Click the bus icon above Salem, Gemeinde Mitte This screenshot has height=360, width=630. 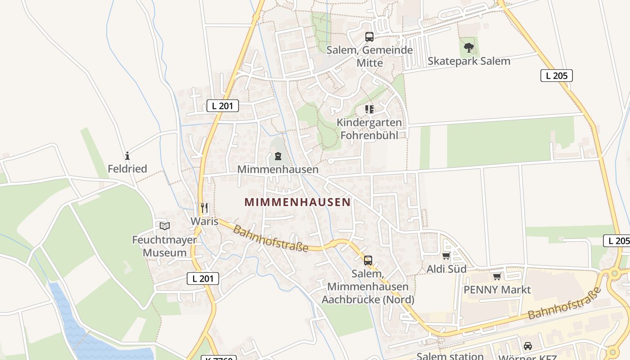pyautogui.click(x=369, y=37)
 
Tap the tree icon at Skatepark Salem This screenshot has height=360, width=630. pyautogui.click(x=469, y=47)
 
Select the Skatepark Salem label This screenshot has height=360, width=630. pyautogui.click(x=469, y=61)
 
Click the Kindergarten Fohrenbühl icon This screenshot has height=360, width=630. pyautogui.click(x=369, y=109)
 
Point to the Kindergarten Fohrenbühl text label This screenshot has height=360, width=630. pyautogui.click(x=369, y=129)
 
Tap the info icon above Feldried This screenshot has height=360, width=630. pyautogui.click(x=127, y=156)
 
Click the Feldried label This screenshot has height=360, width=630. pyautogui.click(x=127, y=169)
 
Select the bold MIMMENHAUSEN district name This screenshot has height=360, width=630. pyautogui.click(x=297, y=202)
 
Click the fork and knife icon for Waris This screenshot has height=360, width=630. pyautogui.click(x=204, y=208)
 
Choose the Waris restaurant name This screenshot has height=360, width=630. pyautogui.click(x=204, y=221)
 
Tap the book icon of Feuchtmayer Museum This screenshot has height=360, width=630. pyautogui.click(x=165, y=226)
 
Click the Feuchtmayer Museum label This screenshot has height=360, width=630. pyautogui.click(x=165, y=246)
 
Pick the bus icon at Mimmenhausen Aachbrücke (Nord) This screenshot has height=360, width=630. pyautogui.click(x=368, y=260)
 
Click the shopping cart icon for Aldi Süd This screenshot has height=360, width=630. pyautogui.click(x=446, y=256)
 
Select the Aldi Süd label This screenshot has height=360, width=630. pyautogui.click(x=446, y=269)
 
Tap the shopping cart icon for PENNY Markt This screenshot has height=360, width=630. pyautogui.click(x=497, y=276)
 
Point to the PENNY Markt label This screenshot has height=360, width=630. pyautogui.click(x=497, y=289)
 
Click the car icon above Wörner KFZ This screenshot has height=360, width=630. pyautogui.click(x=528, y=346)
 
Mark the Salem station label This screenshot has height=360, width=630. pyautogui.click(x=450, y=356)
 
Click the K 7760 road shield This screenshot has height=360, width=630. pyautogui.click(x=218, y=358)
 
